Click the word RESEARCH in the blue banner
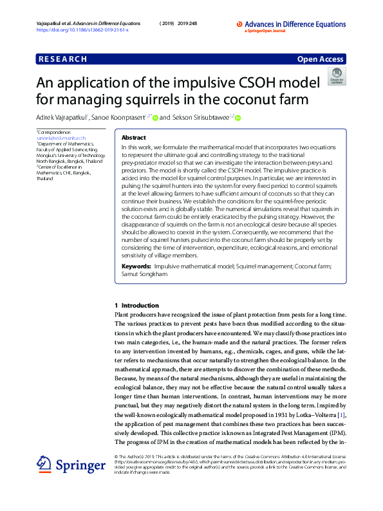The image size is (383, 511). coord(62,59)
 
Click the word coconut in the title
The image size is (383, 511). coord(248,100)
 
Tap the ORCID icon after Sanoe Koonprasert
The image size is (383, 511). coord(155,118)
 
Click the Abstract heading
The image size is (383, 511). coord(133,138)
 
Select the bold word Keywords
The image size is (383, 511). coord(136,266)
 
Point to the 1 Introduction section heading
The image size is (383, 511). coord(132,304)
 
